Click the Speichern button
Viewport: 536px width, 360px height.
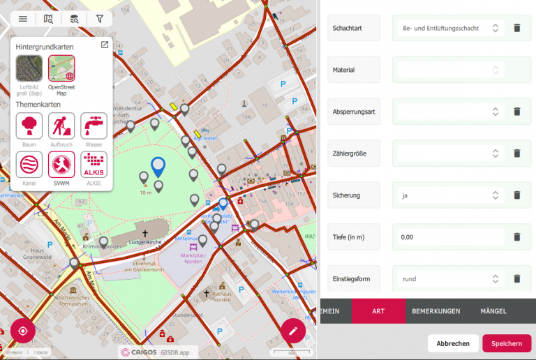pyautogui.click(x=507, y=343)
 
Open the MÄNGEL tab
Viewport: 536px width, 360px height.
pyautogui.click(x=493, y=310)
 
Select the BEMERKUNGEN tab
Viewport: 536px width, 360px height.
pyautogui.click(x=435, y=310)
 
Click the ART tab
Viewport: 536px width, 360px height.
pyautogui.click(x=378, y=310)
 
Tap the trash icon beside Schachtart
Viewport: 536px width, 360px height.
pyautogui.click(x=517, y=28)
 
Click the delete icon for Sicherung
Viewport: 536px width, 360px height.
pyautogui.click(x=517, y=195)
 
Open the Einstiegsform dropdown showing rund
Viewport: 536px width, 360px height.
pyautogui.click(x=451, y=279)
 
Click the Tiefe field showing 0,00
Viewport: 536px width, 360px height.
pyautogui.click(x=451, y=237)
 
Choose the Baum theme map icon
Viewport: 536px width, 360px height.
pyautogui.click(x=29, y=126)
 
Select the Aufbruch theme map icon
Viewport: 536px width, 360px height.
pyautogui.click(x=61, y=126)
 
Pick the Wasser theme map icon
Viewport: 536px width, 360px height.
pyautogui.click(x=94, y=126)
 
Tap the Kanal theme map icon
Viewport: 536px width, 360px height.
pyautogui.click(x=29, y=165)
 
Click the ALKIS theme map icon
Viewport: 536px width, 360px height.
pyautogui.click(x=94, y=165)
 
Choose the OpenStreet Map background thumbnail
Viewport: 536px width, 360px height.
pyautogui.click(x=61, y=68)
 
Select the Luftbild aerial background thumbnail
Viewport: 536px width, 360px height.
pyautogui.click(x=29, y=68)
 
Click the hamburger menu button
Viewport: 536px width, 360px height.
pyautogui.click(x=23, y=20)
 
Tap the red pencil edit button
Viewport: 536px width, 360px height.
pyautogui.click(x=293, y=331)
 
